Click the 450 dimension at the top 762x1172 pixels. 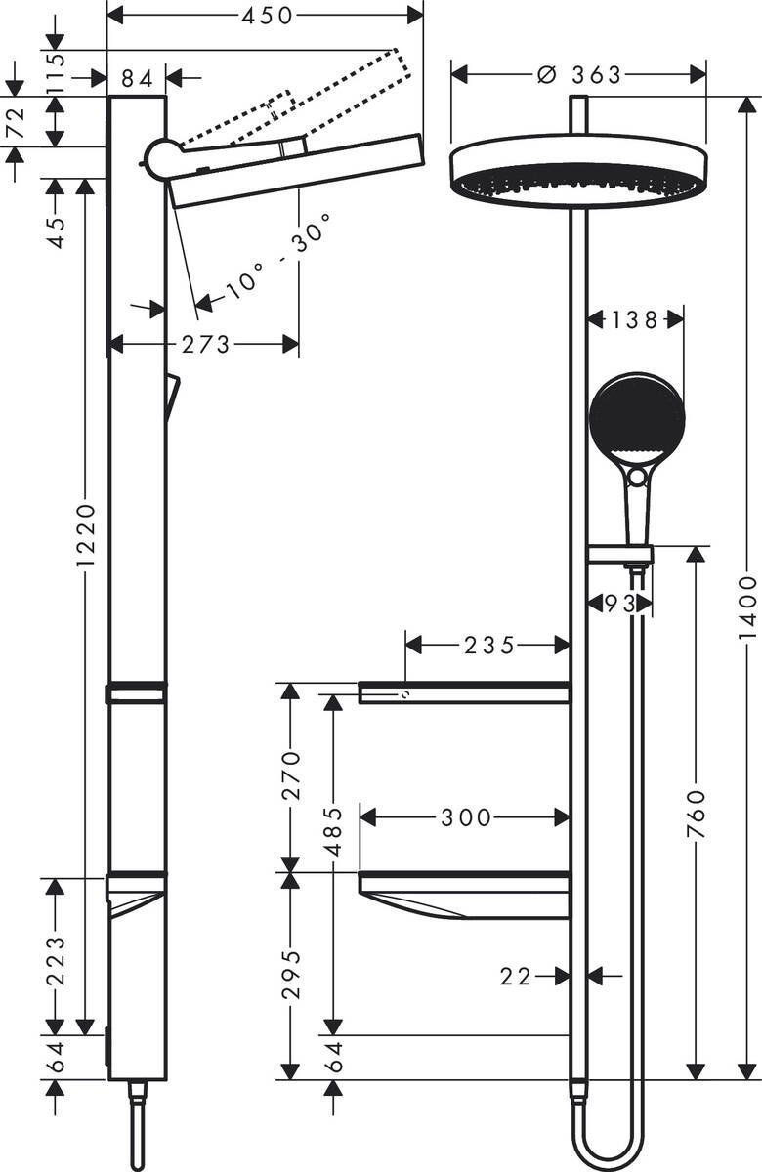[x=266, y=15]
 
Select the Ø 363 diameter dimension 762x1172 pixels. [x=579, y=75]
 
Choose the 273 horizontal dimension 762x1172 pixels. [x=205, y=344]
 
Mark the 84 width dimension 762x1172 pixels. [x=137, y=77]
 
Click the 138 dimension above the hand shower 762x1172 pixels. [x=635, y=318]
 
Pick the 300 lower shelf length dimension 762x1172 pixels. [x=465, y=817]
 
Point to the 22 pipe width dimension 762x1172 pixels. [x=519, y=975]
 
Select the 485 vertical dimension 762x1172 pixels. [x=333, y=831]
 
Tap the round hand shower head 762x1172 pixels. [x=636, y=419]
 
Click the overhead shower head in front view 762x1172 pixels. [x=578, y=172]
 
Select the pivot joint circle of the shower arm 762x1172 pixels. [x=162, y=158]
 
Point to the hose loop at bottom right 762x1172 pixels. [x=606, y=1143]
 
